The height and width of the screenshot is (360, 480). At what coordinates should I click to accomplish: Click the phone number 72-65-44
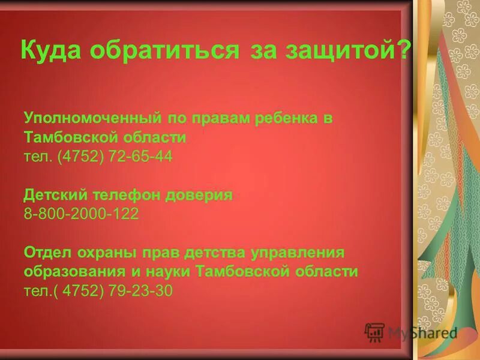(140, 157)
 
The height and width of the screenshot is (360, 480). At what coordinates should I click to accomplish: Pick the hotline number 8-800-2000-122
(81, 214)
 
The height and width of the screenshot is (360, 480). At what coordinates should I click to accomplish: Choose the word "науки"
(166, 271)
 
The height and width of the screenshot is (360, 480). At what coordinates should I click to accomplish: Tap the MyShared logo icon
(374, 332)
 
